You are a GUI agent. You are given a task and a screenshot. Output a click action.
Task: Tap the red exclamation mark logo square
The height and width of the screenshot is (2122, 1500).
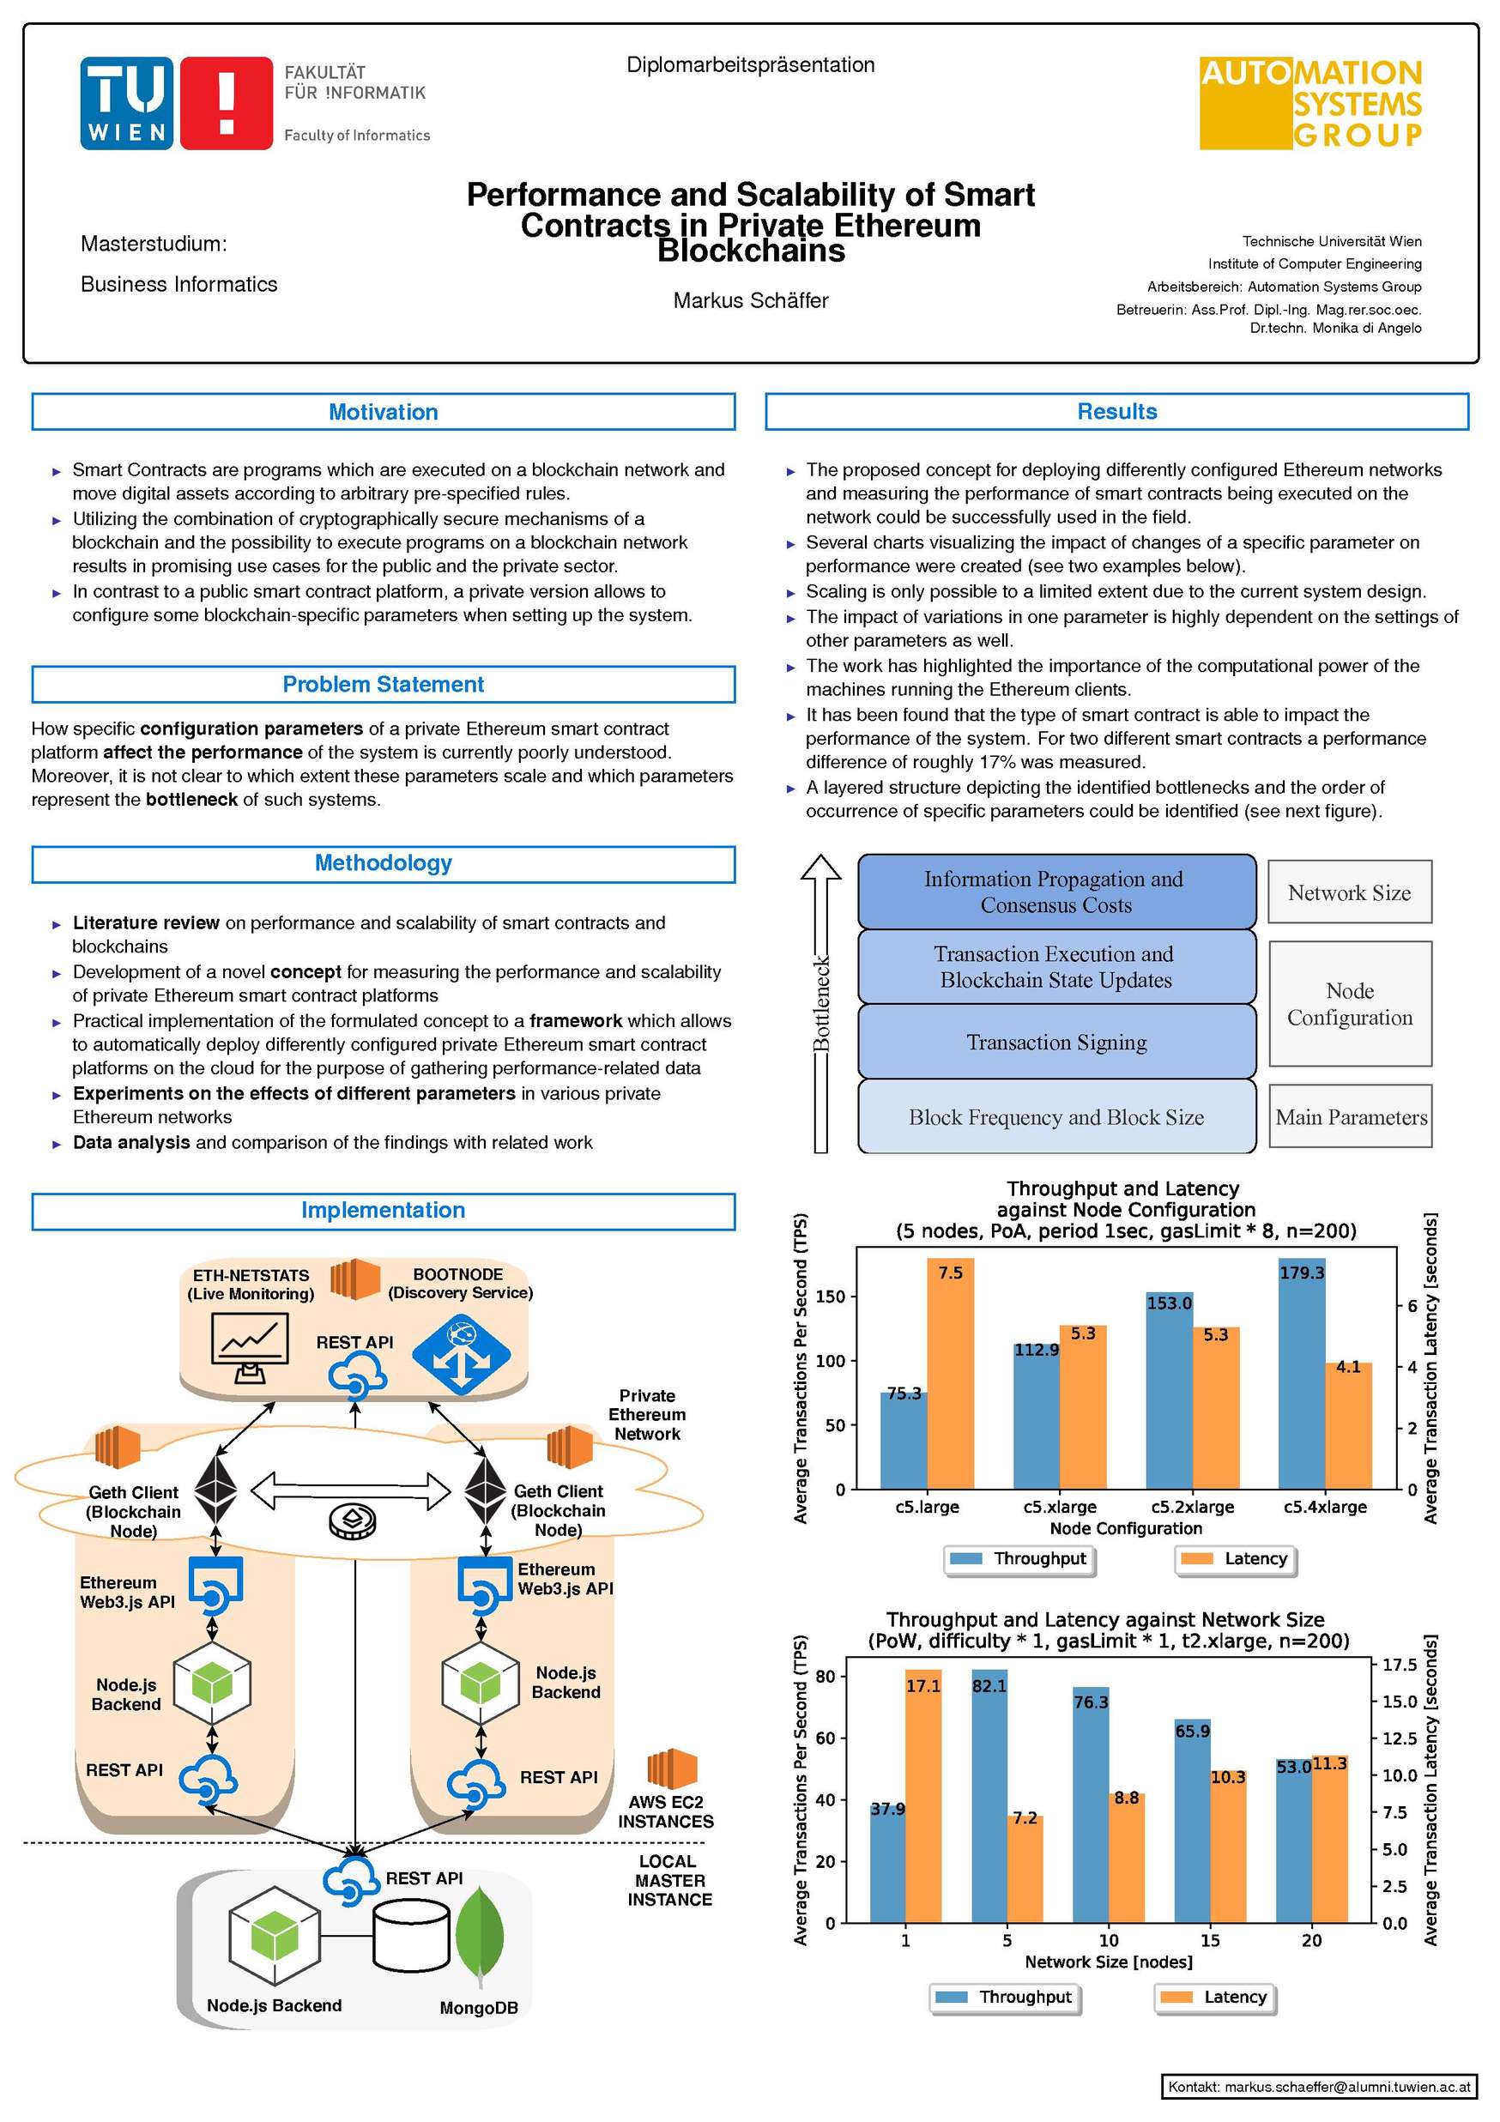226,103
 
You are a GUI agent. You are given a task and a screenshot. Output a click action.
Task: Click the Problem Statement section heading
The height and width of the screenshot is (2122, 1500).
383,684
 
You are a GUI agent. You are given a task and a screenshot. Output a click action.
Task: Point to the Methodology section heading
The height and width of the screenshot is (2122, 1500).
383,863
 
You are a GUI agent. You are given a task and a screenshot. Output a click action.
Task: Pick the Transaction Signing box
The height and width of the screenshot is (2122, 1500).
1055,1043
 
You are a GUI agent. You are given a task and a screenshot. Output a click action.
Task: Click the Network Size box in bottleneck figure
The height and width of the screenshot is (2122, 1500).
1348,892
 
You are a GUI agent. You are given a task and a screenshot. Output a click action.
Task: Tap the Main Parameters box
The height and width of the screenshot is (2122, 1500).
1351,1117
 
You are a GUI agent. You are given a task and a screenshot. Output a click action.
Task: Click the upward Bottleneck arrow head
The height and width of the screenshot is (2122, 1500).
820,868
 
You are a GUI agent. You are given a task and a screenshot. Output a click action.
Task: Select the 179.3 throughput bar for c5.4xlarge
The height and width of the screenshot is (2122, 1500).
1300,1372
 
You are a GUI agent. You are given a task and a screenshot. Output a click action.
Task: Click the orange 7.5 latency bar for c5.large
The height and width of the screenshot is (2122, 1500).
950,1372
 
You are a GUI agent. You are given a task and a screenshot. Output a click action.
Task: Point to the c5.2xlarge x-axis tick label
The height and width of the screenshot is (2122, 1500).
1191,1508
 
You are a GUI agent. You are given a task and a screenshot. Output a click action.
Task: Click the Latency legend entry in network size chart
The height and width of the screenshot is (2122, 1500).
1215,1998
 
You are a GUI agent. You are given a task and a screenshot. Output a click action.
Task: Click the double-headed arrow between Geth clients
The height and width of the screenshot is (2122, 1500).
350,1490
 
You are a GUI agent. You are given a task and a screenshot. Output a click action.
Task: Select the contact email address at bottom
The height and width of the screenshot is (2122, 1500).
1319,2087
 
